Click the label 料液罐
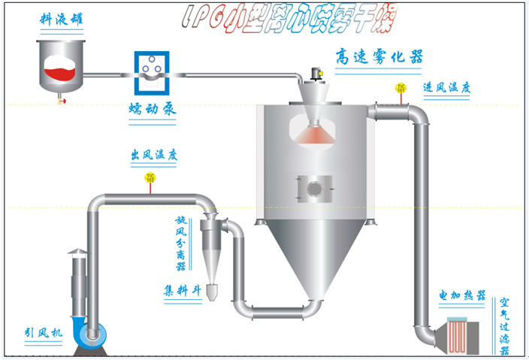[59, 21]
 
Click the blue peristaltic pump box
[150, 74]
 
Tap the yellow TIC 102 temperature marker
[150, 179]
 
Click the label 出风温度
[153, 156]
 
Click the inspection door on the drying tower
[315, 186]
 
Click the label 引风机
[41, 331]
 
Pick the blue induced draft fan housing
[94, 334]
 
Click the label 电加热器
[462, 295]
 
